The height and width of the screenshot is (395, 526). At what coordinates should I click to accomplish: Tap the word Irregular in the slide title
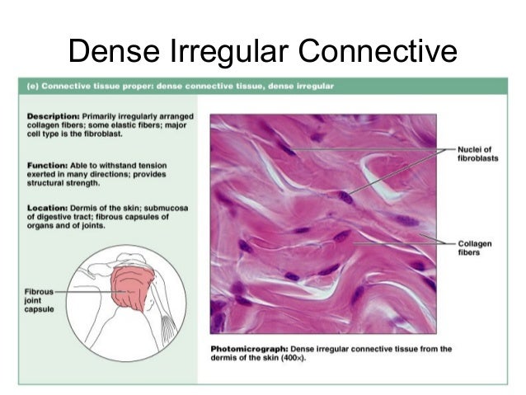223,51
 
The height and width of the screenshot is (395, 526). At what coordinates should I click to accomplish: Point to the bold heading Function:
49,163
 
